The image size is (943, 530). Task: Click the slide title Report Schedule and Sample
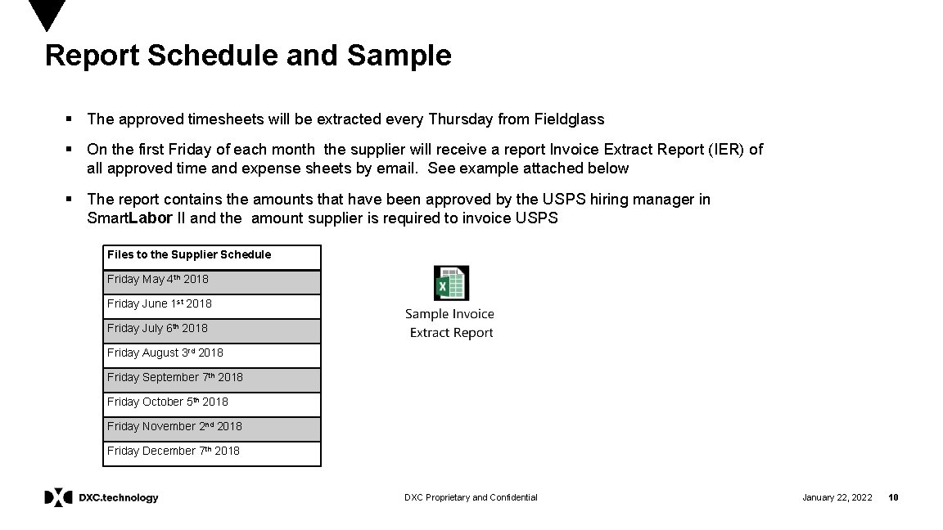(248, 56)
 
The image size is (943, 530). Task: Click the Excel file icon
(451, 284)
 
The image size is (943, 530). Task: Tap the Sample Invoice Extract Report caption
(450, 324)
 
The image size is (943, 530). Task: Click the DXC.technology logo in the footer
(102, 497)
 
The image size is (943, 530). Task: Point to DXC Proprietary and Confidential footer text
(471, 497)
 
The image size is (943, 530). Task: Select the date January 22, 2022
(837, 497)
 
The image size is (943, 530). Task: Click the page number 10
(894, 497)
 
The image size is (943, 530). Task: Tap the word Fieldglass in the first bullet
(569, 119)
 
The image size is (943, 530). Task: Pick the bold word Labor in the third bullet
(151, 218)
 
